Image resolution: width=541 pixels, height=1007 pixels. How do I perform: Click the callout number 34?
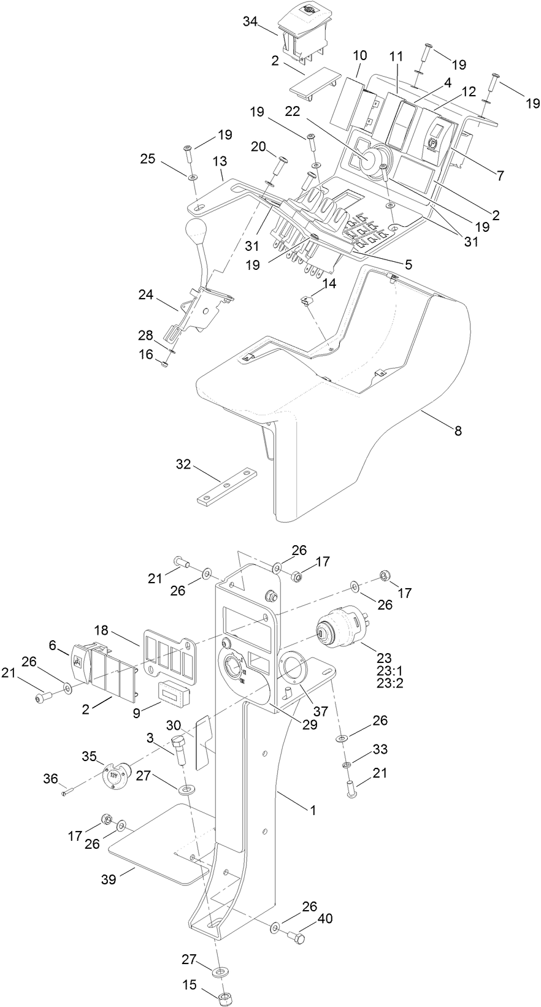pyautogui.click(x=250, y=21)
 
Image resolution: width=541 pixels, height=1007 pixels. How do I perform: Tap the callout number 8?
pyautogui.click(x=458, y=431)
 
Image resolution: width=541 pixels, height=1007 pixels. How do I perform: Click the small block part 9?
pyautogui.click(x=174, y=694)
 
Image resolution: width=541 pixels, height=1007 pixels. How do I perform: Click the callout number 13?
pyautogui.click(x=220, y=161)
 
